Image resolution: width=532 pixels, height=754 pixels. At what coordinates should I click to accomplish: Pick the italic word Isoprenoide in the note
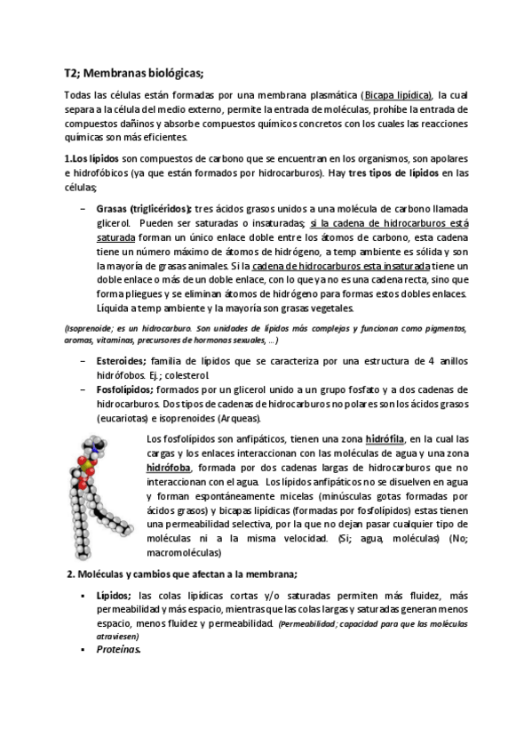[89, 329]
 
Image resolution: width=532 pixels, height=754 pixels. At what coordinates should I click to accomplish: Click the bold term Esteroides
[121, 361]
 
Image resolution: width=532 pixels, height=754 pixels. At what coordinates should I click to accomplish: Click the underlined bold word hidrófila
[385, 439]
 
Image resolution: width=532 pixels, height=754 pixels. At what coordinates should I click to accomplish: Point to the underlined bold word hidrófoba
[172, 468]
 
